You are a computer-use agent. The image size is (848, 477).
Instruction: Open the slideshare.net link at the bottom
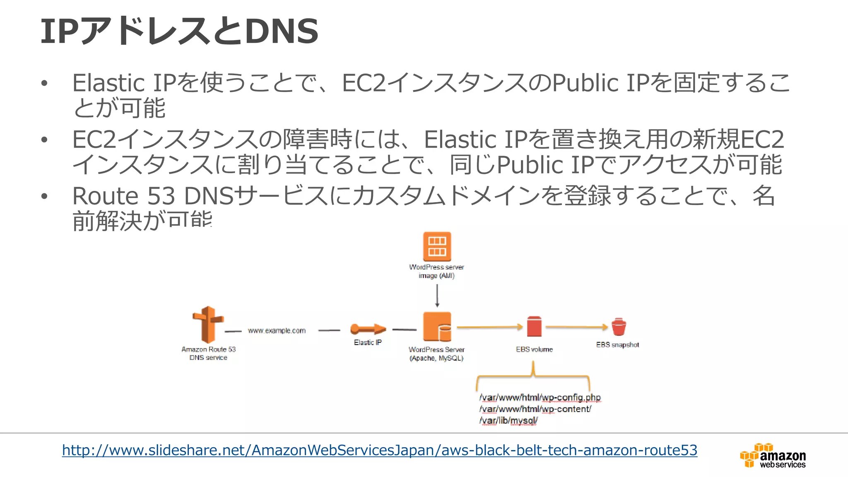coord(379,450)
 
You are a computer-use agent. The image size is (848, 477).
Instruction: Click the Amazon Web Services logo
coord(773,455)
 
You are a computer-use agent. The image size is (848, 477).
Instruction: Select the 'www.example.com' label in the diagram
coord(277,330)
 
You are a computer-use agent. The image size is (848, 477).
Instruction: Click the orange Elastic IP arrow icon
coord(368,329)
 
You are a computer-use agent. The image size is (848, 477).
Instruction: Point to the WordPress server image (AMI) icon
coord(437,246)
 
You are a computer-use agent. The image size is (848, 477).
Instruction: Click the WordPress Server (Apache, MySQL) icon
coord(437,327)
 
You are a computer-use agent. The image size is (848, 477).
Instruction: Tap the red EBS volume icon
coord(534,327)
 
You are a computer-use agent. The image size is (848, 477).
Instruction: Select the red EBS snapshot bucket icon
coord(619,327)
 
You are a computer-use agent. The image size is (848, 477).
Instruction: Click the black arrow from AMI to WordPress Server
coord(437,296)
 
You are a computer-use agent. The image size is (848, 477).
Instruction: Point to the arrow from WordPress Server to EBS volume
coord(489,327)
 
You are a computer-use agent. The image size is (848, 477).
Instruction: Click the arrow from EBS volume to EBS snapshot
coord(576,327)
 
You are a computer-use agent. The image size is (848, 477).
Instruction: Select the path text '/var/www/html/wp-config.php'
coord(540,397)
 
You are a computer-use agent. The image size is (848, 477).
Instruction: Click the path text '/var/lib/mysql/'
coord(508,421)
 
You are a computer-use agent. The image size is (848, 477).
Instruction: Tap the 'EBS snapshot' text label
coord(617,344)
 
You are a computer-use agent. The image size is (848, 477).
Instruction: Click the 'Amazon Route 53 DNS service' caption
coord(208,353)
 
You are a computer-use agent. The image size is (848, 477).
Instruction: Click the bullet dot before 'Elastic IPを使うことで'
coord(44,83)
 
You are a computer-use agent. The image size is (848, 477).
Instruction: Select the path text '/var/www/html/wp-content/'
coord(535,409)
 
